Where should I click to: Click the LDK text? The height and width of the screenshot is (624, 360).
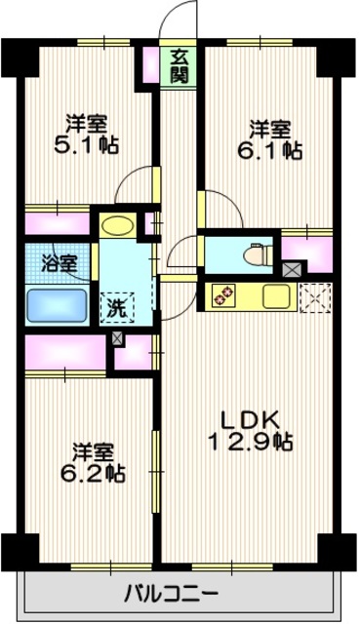pos(250,419)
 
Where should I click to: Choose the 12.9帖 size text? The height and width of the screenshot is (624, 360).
pos(250,442)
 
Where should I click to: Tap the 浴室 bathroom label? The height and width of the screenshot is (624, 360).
pos(58,262)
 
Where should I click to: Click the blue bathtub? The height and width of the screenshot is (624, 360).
pos(58,304)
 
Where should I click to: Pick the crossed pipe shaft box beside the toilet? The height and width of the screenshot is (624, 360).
pos(292,269)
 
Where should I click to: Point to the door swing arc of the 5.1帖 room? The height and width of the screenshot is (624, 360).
pos(134,190)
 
